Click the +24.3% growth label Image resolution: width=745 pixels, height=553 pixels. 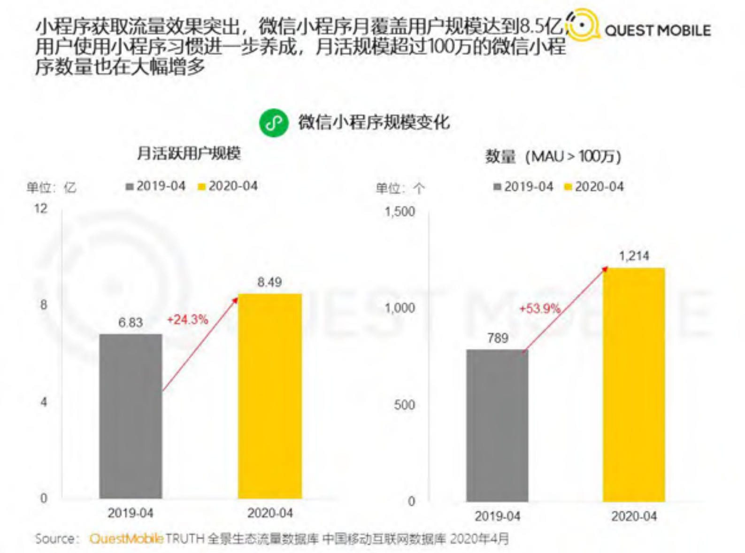coord(187,320)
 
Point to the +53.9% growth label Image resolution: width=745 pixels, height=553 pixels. coord(539,308)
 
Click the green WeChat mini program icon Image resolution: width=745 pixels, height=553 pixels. coord(274,123)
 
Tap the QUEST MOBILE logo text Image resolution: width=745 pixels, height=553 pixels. coord(657,31)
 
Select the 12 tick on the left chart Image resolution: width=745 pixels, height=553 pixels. coord(41,208)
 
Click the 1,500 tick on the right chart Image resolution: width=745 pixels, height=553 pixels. coord(400,212)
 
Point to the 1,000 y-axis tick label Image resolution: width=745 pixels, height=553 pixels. coord(400,308)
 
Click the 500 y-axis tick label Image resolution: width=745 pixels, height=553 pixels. coord(404,405)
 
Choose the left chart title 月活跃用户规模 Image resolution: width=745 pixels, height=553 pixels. coord(189,154)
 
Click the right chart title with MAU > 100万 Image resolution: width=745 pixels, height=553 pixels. coord(553,156)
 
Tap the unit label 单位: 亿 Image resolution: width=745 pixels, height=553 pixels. coord(51,188)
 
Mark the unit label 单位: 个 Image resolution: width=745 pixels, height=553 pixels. coord(400,188)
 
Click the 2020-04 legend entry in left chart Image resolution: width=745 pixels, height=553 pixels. coord(228,186)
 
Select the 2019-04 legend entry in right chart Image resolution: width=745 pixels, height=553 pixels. coord(523,187)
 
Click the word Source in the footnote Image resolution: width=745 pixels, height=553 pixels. coord(54,538)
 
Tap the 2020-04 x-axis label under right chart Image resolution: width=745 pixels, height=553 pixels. coord(634,516)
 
